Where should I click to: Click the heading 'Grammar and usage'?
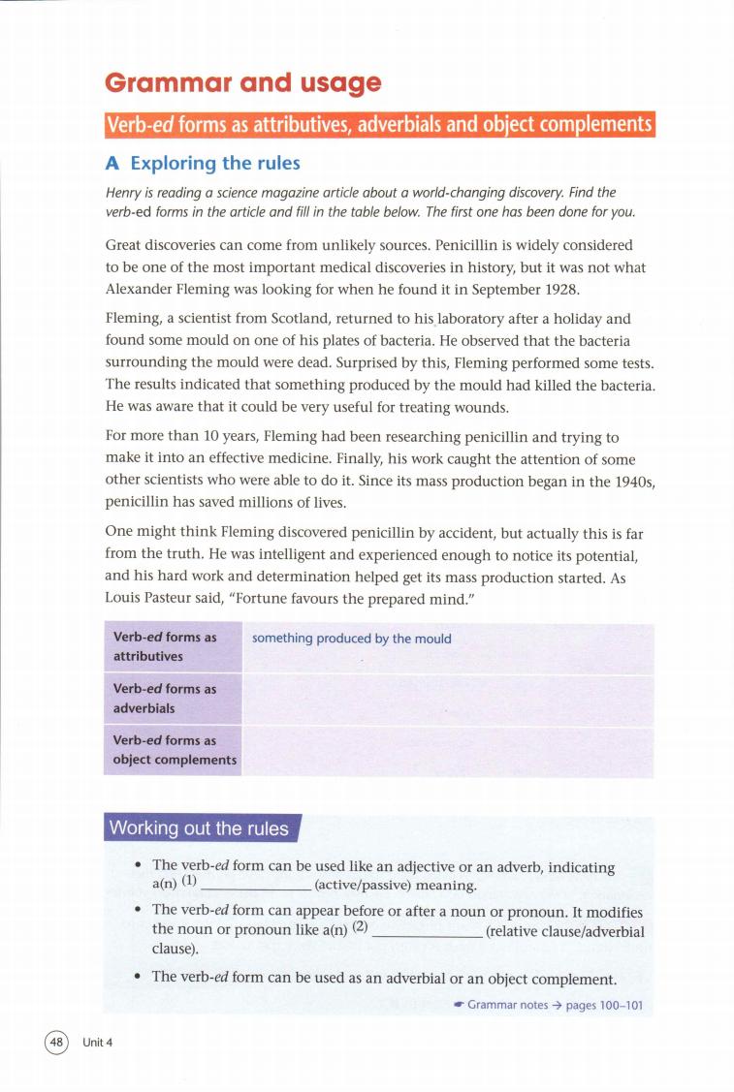tap(243, 84)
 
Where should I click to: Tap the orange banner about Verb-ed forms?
tap(380, 125)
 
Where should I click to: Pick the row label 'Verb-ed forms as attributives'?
tap(165, 646)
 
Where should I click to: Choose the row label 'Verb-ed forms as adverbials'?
tap(165, 698)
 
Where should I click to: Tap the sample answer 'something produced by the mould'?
tap(351, 639)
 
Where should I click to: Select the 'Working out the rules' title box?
tap(200, 828)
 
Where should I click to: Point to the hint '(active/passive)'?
tap(363, 886)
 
